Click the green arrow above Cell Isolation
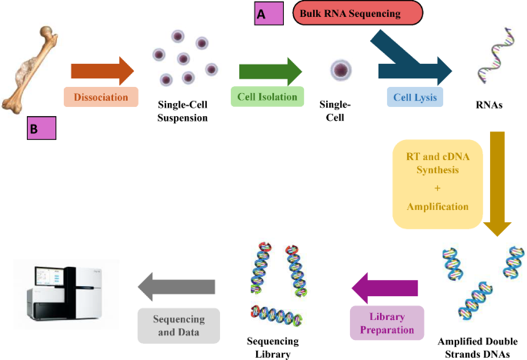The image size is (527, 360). [x=269, y=72]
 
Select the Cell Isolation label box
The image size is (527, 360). [x=263, y=97]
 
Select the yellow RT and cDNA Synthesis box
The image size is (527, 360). [x=438, y=184]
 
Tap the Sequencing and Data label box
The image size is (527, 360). [x=179, y=325]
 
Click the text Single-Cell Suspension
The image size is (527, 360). [x=182, y=112]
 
